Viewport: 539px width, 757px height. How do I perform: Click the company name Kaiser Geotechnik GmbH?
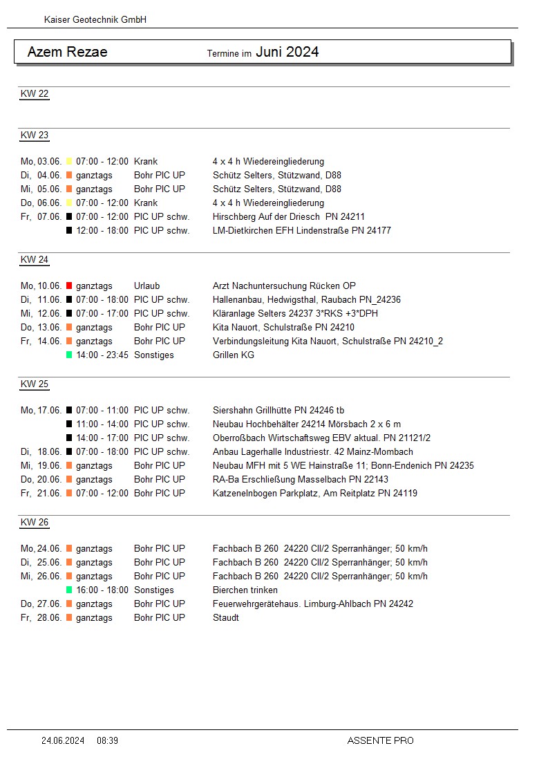click(95, 20)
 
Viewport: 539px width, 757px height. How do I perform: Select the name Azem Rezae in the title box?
click(67, 52)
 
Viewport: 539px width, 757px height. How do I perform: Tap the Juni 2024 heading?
click(287, 52)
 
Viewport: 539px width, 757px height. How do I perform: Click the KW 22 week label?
click(35, 94)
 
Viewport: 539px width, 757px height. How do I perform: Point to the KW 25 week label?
click(35, 384)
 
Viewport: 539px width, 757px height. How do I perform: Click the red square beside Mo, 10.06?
click(69, 286)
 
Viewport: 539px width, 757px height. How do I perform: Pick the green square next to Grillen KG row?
click(69, 355)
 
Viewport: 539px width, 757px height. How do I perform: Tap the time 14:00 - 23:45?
click(102, 355)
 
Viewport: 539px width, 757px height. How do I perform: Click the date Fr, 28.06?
click(41, 617)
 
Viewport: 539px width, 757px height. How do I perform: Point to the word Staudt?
click(225, 617)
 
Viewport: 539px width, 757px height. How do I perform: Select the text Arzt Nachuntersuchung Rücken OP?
click(284, 286)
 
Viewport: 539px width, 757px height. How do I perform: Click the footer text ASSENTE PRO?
click(380, 740)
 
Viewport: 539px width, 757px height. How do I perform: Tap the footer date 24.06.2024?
click(63, 740)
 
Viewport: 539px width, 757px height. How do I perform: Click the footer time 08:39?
click(107, 740)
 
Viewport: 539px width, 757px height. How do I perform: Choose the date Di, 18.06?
click(41, 451)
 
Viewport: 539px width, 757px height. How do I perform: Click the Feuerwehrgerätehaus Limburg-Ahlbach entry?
click(312, 604)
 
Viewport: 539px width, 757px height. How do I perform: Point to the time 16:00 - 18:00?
click(102, 590)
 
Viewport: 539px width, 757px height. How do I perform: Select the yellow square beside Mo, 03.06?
click(69, 161)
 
